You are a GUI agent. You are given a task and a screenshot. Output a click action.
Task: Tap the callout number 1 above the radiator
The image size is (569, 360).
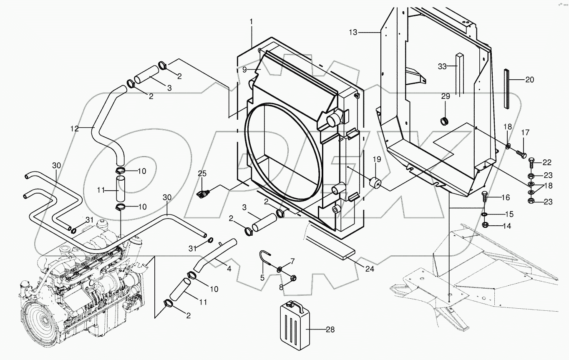(252, 21)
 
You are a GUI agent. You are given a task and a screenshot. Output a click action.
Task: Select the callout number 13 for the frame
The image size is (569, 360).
(353, 32)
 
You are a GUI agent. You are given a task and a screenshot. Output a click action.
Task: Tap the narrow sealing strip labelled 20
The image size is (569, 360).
(507, 88)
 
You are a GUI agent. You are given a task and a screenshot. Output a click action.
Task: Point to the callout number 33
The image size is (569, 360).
(442, 66)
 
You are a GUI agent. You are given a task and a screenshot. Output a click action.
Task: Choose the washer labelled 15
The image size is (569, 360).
(485, 214)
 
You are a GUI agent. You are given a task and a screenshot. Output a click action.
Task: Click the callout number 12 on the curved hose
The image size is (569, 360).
(74, 129)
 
